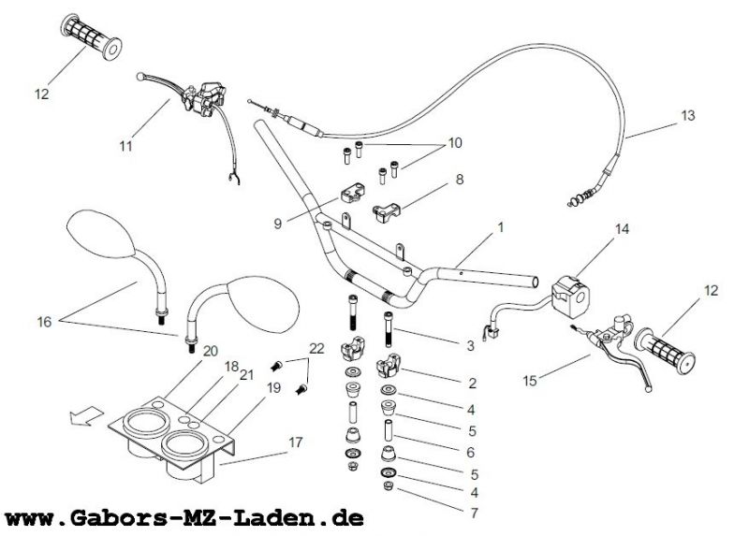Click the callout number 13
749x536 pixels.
[x=688, y=116]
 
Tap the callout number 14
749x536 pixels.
[x=623, y=229]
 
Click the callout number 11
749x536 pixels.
[x=126, y=145]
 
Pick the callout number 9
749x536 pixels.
[x=277, y=223]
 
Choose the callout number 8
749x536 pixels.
[x=459, y=178]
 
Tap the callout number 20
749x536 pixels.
[x=211, y=351]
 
